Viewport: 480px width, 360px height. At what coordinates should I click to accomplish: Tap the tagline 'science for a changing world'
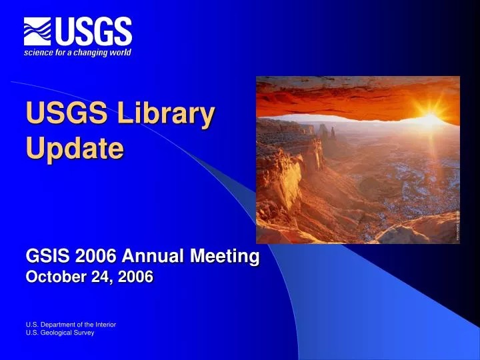pos(77,53)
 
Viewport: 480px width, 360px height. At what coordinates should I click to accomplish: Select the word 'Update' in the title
pos(74,147)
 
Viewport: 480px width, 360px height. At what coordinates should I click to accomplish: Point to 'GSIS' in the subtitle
pos(45,256)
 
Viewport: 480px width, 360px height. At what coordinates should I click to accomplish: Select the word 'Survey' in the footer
pos(83,333)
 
